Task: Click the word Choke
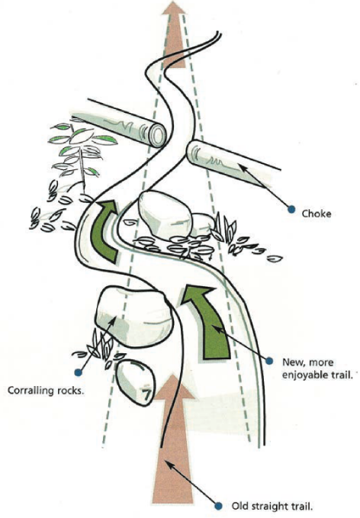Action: coord(317,214)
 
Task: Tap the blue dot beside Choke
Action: coord(291,209)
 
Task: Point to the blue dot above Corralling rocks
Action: coord(78,372)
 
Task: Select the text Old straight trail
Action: coord(272,506)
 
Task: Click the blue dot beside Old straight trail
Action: coord(218,506)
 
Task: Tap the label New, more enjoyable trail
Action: coord(318,368)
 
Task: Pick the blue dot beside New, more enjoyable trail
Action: coord(269,361)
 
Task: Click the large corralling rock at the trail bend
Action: coord(133,317)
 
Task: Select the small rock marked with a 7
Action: coord(136,382)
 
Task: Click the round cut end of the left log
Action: coord(158,135)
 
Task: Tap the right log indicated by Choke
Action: coord(231,163)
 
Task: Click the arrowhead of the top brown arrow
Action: coord(173,8)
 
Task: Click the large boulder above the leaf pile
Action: coord(164,214)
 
